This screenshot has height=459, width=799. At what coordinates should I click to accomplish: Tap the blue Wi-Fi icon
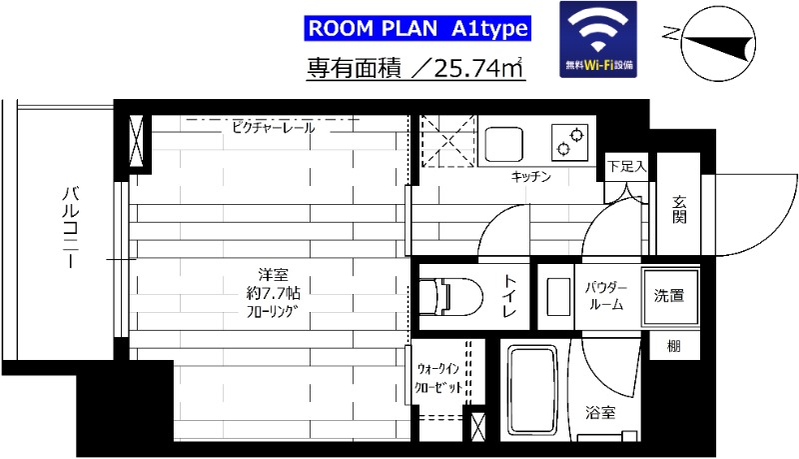596,40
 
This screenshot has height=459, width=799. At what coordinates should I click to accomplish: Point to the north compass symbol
717,40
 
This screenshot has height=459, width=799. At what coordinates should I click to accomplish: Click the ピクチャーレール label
274,128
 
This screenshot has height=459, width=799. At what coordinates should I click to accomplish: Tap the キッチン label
531,177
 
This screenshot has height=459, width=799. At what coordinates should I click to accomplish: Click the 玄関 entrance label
679,210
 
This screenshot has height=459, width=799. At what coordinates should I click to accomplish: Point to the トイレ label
509,296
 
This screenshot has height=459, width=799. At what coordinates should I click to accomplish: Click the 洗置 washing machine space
668,296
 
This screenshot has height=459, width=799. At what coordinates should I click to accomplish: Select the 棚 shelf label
674,346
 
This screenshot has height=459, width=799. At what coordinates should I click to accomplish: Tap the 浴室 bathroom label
599,411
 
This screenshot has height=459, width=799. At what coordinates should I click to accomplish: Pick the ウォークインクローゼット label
438,378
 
